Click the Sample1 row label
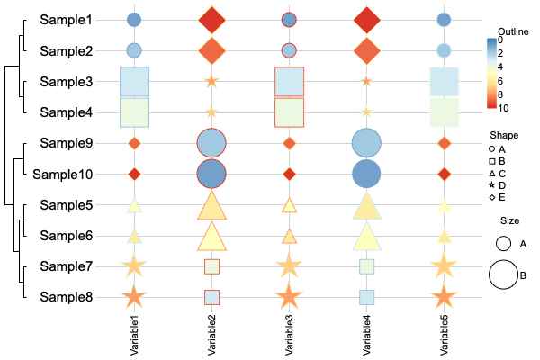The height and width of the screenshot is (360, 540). [x=66, y=19]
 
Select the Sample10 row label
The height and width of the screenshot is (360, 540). [x=63, y=174]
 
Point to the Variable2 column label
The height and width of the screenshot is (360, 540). [x=211, y=333]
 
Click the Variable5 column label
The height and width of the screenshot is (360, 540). [x=444, y=333]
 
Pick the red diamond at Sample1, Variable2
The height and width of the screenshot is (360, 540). [x=211, y=20]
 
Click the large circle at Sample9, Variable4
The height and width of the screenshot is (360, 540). [x=366, y=143]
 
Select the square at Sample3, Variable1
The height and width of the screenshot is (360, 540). [x=134, y=81]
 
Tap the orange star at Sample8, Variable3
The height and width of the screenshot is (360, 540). [x=289, y=296]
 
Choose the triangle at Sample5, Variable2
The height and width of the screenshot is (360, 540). [x=211, y=206]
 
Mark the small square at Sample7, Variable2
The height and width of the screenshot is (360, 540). [x=211, y=266]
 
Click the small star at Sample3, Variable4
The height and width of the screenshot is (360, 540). [x=366, y=81]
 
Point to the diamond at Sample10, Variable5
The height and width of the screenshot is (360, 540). [x=444, y=174]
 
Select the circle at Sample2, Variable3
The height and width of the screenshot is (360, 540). [x=289, y=50]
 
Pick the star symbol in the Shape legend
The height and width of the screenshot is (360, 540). [x=491, y=184]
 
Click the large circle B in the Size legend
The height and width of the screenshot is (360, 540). [x=503, y=274]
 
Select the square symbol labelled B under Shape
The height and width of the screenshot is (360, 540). [x=491, y=160]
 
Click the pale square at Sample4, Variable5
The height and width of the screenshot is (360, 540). [x=444, y=112]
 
